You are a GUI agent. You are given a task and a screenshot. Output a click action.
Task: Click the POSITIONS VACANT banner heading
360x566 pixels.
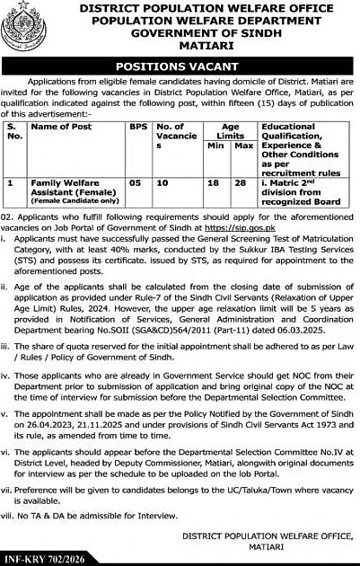(x=180, y=67)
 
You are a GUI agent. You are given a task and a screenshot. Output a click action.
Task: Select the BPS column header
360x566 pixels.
(x=136, y=128)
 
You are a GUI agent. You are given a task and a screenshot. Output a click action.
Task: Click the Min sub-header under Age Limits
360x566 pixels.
(x=214, y=144)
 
